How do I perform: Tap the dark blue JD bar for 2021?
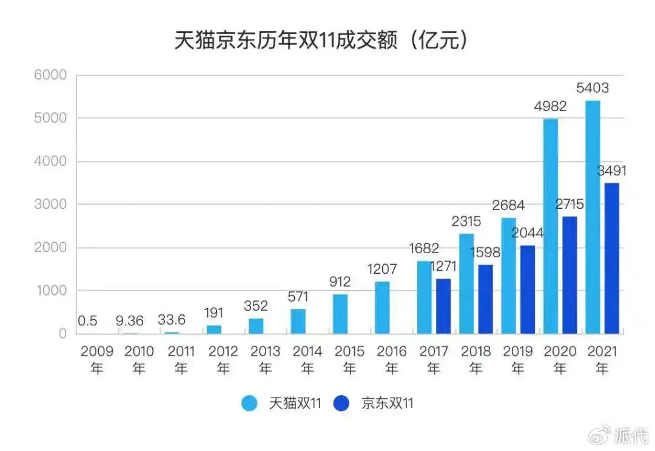point(611,258)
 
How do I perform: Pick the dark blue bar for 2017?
point(443,306)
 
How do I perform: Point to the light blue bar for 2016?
point(382,307)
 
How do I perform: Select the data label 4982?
point(550,106)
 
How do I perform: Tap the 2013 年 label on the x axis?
point(265,359)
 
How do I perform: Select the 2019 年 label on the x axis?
point(517,359)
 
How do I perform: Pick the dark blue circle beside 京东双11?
point(342,403)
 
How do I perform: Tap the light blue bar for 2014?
point(298,321)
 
